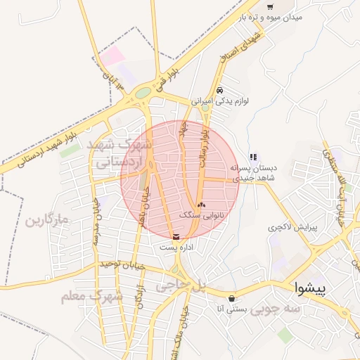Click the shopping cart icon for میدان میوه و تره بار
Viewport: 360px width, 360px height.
pos(270,6)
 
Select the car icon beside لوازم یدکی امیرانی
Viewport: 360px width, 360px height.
pos(220,90)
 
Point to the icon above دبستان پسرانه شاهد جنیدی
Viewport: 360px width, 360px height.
pos(252,157)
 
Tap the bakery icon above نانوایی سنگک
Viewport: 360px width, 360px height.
pos(202,205)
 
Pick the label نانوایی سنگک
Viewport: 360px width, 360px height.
pos(202,214)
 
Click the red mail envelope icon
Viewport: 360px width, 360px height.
pos(175,236)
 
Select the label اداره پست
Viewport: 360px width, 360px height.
pos(175,247)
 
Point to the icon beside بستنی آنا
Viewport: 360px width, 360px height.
pos(232,298)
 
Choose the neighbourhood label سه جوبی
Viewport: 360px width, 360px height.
pos(276,307)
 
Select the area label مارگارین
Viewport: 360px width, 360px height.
pos(48,221)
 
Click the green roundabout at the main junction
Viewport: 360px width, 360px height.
pos(143,92)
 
